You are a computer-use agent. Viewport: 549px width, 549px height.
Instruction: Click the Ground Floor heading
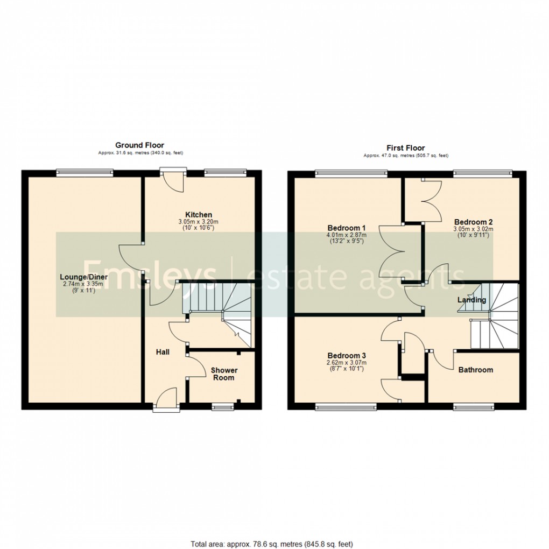coord(139,145)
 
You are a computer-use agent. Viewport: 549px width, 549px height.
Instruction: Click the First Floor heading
coord(405,148)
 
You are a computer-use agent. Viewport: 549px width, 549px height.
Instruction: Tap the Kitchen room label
coord(199,215)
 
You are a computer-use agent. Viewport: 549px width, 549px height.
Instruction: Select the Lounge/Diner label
coord(84,277)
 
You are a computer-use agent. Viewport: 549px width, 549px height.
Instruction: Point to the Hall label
coord(163,352)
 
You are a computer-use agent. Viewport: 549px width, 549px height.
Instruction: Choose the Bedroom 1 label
coord(346,228)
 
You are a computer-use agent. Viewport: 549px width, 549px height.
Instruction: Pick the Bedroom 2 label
coord(473,222)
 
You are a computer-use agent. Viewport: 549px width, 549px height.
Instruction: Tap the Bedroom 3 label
coord(347,356)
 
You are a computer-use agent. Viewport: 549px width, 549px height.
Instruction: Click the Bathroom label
coord(475,370)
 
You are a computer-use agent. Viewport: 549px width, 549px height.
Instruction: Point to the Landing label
coord(471,300)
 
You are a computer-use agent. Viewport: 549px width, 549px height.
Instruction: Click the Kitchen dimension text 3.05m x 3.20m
coord(199,222)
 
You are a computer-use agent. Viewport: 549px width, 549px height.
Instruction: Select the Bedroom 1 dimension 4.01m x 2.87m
coord(346,235)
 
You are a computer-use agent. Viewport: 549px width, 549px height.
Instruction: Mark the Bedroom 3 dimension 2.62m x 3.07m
coord(347,363)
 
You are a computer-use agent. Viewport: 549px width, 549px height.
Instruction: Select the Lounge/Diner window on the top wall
coord(85,173)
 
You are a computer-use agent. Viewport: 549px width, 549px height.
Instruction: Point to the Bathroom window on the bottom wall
coord(473,406)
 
